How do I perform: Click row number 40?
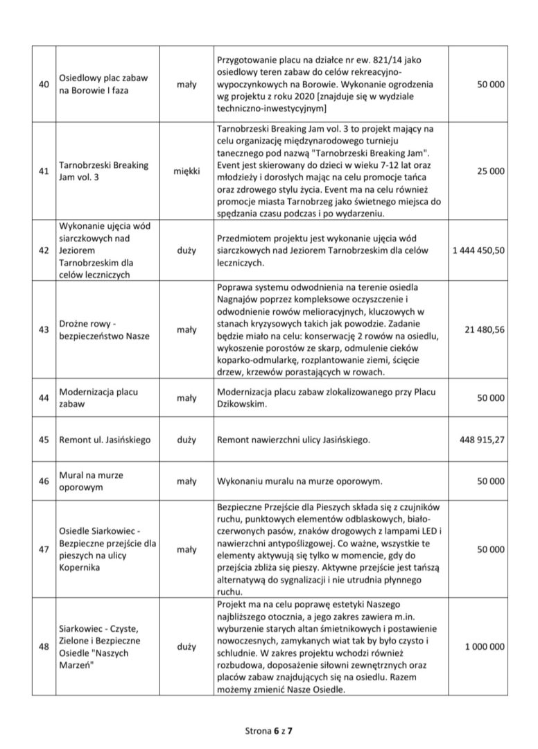(44, 84)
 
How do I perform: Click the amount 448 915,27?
(482, 440)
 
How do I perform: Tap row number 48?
(44, 647)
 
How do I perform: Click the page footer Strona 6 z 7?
(269, 730)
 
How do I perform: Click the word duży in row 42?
(186, 248)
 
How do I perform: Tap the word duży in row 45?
(186, 440)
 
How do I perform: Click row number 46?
(44, 480)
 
